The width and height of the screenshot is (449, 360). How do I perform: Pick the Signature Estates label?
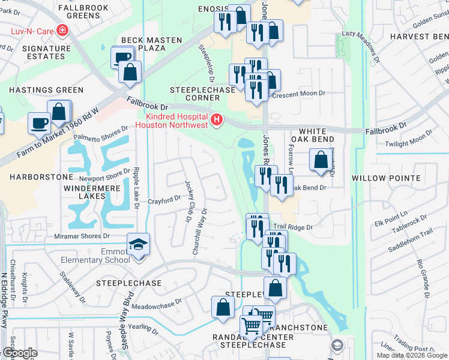pos(38,52)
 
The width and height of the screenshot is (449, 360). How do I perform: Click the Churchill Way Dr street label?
pos(199,232)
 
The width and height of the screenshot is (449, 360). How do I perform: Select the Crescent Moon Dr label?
pos(298,94)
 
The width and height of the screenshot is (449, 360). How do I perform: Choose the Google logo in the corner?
pos(20,353)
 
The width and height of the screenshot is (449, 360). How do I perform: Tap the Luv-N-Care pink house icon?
pos(62,30)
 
